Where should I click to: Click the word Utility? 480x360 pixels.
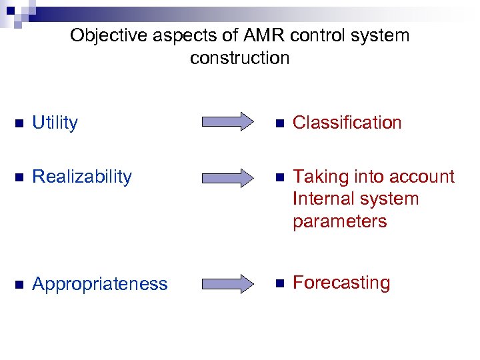[55, 123]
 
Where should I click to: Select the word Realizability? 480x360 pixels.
[82, 177]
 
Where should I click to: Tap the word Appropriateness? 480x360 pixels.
[100, 284]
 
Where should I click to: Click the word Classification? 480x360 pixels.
[347, 123]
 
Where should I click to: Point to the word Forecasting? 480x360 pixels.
[341, 283]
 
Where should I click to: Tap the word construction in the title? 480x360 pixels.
[240, 58]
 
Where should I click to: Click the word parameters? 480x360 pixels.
[339, 221]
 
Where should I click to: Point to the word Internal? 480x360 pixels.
[322, 199]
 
